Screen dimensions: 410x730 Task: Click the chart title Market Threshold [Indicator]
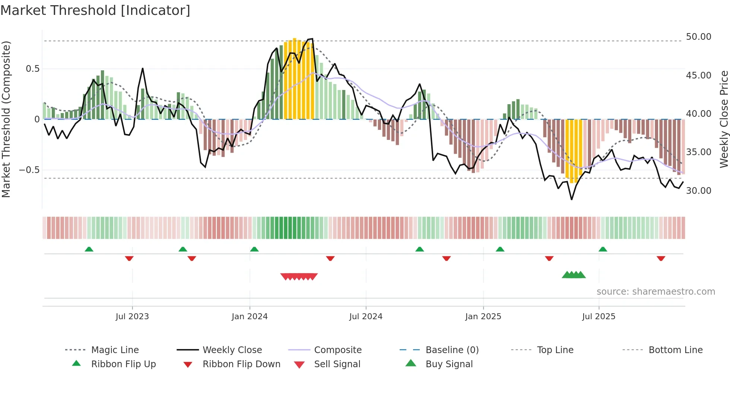tap(95, 10)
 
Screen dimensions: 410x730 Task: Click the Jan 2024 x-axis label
tap(250, 316)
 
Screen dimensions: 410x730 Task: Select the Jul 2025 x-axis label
tap(599, 316)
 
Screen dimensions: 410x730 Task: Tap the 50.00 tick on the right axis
tap(698, 37)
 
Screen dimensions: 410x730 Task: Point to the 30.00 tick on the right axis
tap(698, 190)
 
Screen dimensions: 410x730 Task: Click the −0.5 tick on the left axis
tap(29, 170)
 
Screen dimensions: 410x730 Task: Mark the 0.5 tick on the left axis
tap(32, 69)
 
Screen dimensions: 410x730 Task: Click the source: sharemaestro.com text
tap(656, 291)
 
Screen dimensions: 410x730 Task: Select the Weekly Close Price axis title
tap(723, 119)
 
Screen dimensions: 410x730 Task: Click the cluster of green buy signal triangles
tap(574, 275)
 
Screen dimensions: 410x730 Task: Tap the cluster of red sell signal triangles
tap(299, 276)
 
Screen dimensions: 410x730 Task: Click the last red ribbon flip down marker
tap(661, 258)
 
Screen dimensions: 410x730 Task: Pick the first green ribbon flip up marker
tap(89, 249)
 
